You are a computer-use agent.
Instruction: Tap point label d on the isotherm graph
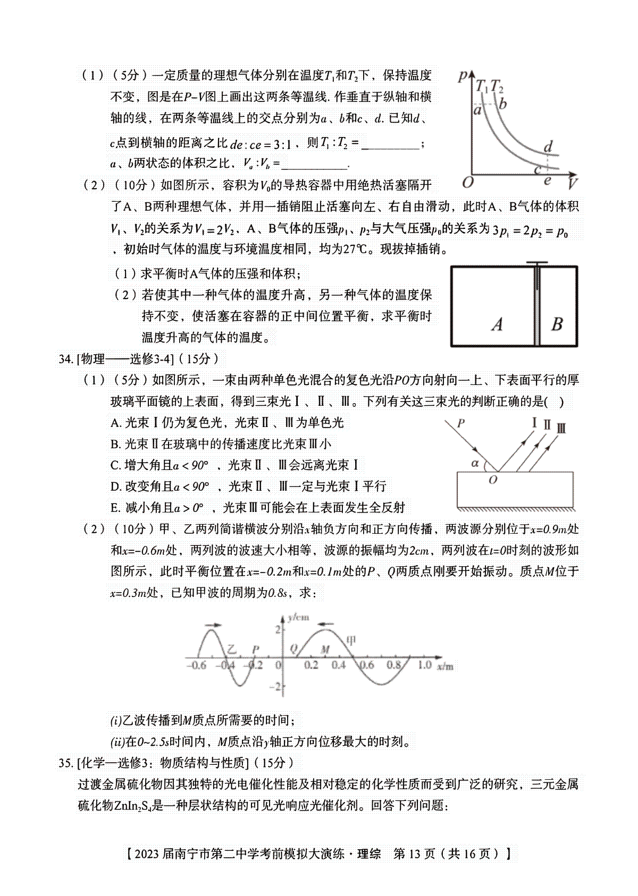tap(548, 146)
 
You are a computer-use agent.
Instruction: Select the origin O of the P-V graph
tap(468, 183)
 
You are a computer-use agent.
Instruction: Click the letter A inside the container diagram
tap(497, 324)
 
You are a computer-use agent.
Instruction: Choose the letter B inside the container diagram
tap(557, 324)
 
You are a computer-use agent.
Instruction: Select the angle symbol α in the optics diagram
tap(475, 463)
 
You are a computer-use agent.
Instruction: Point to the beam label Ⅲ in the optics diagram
tap(561, 428)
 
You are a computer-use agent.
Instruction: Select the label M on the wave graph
tap(326, 649)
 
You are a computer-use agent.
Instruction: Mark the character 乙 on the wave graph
tap(230, 649)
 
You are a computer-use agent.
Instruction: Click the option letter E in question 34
tap(115, 508)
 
